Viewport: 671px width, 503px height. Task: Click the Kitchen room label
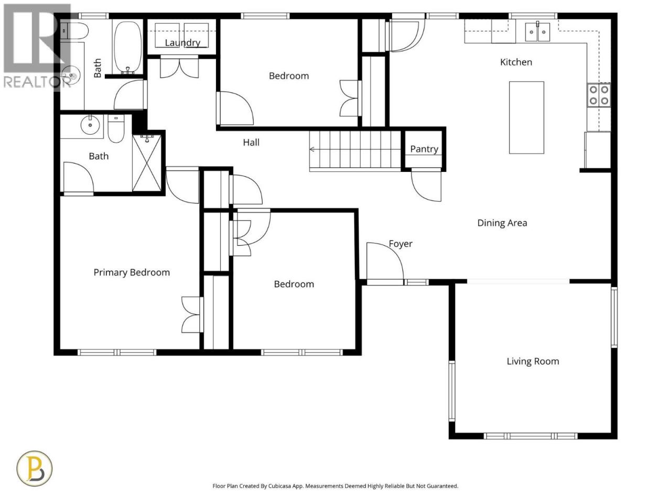click(x=516, y=62)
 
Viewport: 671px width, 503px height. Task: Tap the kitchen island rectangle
click(x=526, y=117)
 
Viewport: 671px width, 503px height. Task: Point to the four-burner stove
click(x=599, y=95)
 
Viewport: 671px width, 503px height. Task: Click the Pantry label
click(x=424, y=149)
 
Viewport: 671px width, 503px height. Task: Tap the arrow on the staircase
click(x=355, y=149)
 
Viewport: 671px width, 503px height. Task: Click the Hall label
click(x=251, y=143)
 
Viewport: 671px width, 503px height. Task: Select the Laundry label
click(x=182, y=43)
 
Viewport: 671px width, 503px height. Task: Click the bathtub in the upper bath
click(x=128, y=47)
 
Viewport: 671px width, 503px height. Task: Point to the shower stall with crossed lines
click(x=147, y=163)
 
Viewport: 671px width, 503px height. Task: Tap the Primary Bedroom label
click(x=132, y=272)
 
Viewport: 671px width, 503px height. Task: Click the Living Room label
click(x=533, y=362)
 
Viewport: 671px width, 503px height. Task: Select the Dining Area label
click(x=502, y=223)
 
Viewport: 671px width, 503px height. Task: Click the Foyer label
click(x=401, y=244)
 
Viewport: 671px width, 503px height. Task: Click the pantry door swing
click(x=426, y=184)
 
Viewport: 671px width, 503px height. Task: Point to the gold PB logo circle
click(x=35, y=468)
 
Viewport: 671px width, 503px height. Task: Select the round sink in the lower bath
click(x=90, y=125)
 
